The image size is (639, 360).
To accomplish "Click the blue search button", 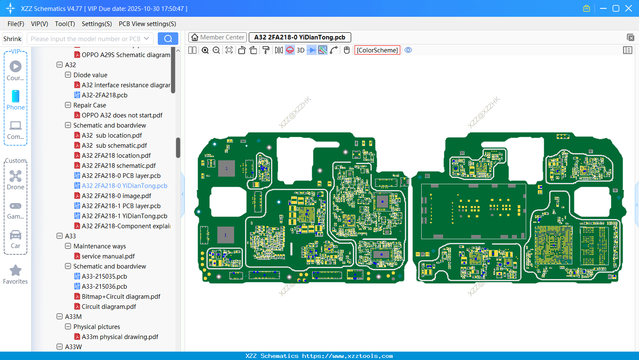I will coord(168,39).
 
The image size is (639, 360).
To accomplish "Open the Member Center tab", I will coord(217,37).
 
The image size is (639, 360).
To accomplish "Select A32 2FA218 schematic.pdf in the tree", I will coord(119,166).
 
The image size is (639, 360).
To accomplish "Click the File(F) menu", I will coord(16,24).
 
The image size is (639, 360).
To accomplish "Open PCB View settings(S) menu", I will coord(147,24).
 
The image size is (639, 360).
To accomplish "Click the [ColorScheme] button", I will coord(377,50).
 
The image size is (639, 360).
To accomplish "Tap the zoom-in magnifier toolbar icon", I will coord(205,50).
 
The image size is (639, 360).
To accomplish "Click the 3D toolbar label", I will coord(300,50).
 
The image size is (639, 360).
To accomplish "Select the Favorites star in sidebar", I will coord(16,271).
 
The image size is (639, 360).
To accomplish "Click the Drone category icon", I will coord(16,176).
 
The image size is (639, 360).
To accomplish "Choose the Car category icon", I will coord(16,235).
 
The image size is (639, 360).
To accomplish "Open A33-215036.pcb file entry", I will coord(104,287).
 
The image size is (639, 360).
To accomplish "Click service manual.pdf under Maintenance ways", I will coord(108,256).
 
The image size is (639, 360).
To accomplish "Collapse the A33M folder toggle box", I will coord(60,317).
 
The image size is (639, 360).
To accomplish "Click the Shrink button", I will coord(13,39).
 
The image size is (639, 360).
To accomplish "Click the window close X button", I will coord(629,8).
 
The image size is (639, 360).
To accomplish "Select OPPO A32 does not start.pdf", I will coord(122,115).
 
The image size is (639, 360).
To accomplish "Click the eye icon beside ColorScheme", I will coord(408,50).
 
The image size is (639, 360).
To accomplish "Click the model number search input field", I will coord(86,39).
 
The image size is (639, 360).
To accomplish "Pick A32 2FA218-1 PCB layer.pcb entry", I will coord(121,206).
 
